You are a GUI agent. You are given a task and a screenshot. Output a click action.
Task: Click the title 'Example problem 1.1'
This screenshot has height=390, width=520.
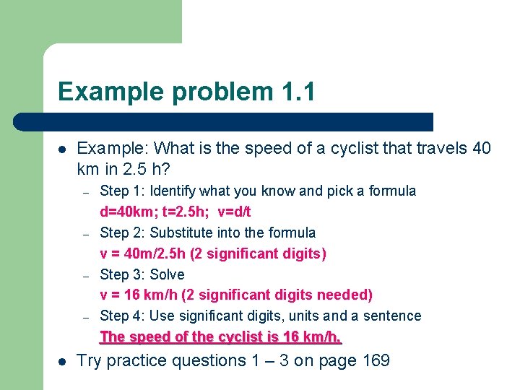click(186, 92)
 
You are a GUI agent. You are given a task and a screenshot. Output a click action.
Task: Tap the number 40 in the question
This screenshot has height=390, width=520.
click(481, 149)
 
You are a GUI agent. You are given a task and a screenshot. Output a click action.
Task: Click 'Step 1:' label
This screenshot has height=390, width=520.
click(123, 191)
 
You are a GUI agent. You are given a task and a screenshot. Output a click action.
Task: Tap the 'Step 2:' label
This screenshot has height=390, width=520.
click(123, 233)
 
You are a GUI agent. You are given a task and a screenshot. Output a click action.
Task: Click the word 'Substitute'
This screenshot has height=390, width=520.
click(183, 233)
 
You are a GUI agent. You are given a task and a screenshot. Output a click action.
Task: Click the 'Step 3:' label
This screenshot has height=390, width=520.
click(123, 274)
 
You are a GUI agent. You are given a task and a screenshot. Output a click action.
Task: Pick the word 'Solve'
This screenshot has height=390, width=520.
click(167, 274)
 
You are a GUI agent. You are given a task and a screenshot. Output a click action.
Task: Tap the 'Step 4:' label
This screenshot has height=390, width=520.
click(123, 316)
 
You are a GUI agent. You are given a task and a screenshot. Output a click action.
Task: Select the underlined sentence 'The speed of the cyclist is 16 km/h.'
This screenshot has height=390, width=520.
click(220, 337)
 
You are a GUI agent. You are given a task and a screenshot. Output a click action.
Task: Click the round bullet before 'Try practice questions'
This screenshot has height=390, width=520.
click(63, 360)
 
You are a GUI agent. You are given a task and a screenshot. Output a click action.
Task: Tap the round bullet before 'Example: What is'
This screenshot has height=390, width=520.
click(63, 149)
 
